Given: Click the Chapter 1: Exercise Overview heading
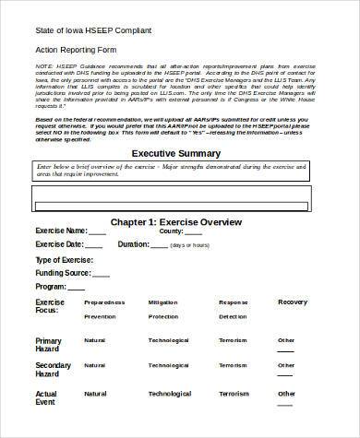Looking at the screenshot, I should [x=176, y=223].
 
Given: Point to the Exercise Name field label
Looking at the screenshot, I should [x=61, y=231].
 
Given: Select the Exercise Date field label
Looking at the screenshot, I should [x=59, y=244].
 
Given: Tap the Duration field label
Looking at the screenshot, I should [x=133, y=244].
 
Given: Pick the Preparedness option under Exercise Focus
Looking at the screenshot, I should [x=104, y=302].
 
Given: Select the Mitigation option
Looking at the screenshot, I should [x=163, y=302].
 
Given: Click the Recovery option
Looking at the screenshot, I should [x=293, y=302].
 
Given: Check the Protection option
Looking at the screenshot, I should [x=163, y=316].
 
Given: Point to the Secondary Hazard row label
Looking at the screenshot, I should [x=53, y=370].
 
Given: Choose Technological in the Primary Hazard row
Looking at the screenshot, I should [x=169, y=340].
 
